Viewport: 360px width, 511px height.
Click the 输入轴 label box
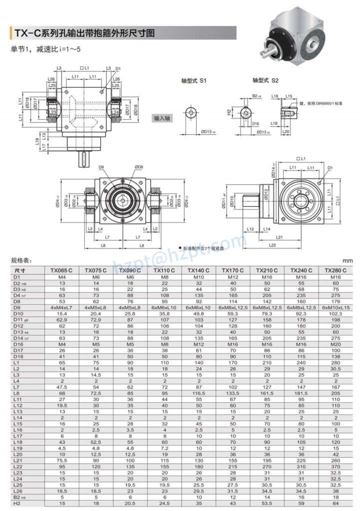(x=162, y=118)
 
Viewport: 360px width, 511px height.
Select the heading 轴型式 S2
(x=266, y=80)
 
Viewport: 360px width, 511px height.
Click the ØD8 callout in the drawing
(x=138, y=167)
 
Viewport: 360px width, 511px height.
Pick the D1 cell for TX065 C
(x=62, y=276)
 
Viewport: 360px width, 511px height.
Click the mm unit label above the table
(x=348, y=260)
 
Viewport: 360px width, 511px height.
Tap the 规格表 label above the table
(x=21, y=260)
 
